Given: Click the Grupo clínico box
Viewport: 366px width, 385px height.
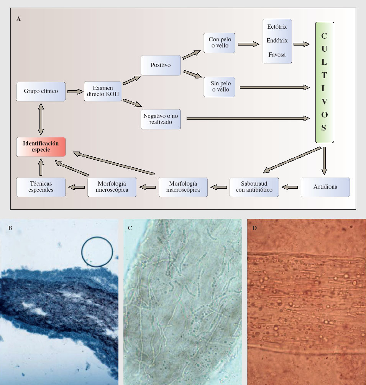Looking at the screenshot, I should coord(41,91).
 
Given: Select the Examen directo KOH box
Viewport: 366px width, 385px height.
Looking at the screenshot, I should coord(103,91).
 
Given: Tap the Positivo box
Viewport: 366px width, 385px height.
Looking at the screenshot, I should coord(161,65).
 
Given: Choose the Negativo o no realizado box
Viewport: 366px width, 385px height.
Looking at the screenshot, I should coord(161,119).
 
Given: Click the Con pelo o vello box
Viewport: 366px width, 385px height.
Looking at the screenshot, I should coord(219,42).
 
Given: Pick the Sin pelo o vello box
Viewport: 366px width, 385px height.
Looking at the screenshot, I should coord(219,87).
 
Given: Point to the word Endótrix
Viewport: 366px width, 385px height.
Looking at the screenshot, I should coord(277,41).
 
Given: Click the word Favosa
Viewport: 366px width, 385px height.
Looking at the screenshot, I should coord(277,55).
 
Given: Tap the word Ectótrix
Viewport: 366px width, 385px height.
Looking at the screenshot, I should coord(277,27).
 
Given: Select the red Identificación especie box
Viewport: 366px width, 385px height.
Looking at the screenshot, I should coord(41,147).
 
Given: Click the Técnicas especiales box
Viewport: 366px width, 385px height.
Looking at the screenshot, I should coord(41,187).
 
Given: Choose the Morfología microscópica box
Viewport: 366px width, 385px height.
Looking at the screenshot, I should coord(112,187).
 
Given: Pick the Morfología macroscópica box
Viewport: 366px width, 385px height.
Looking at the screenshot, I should coord(183,187).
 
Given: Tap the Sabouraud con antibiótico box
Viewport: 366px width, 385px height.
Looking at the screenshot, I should coord(254,187).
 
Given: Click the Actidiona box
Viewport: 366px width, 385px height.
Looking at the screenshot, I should coord(325,187).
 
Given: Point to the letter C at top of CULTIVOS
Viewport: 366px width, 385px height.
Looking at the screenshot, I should coord(324,36).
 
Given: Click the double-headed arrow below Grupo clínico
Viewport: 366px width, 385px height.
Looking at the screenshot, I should coord(41,119).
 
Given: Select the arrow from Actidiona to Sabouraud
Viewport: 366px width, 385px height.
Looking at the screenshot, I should coord(290,187).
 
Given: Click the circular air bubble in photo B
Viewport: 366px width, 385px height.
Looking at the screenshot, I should coord(97,251).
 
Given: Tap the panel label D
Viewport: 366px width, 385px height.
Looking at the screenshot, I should coord(255,228).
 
